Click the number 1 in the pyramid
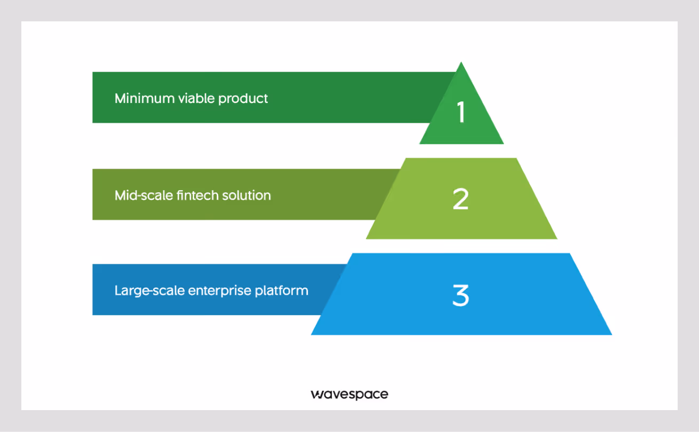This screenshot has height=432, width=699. coord(461,113)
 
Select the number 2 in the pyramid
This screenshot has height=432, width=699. coord(460,199)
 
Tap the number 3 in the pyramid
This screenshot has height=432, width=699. coord(460,295)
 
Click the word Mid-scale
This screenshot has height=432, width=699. coord(144,195)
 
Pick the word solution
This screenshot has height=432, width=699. coord(247,195)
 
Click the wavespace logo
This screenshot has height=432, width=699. coord(349,395)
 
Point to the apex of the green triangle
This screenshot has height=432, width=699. coord(461,62)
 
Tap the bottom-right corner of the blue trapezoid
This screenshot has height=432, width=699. coord(611,334)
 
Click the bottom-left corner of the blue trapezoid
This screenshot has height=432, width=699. coord(312,334)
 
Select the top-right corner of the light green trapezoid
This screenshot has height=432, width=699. coord(517,159)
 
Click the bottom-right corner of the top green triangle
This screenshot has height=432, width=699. coord(503,143)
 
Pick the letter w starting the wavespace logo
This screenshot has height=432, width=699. coord(316,395)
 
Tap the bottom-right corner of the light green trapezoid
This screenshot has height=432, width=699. coord(556,238)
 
